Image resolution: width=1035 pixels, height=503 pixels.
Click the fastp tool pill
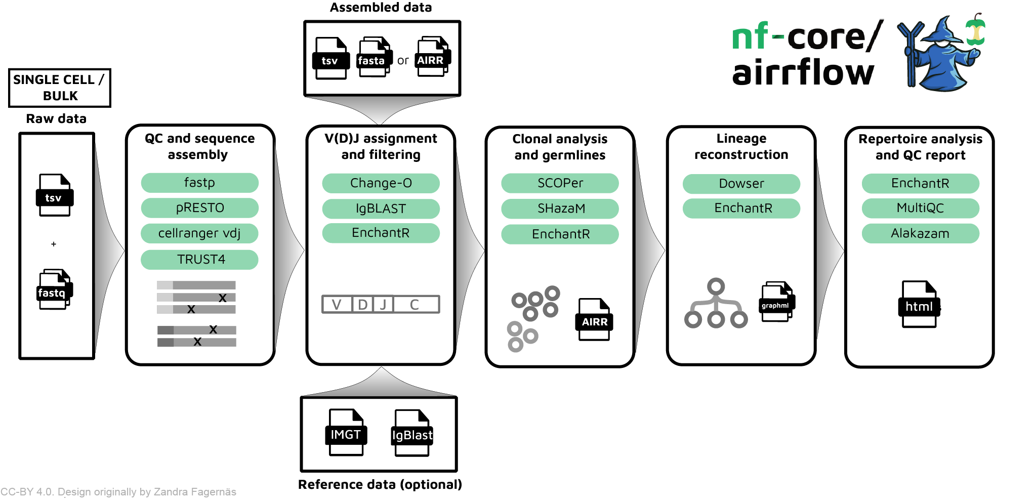pos(199,183)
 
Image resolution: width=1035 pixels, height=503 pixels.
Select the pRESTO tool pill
pos(199,208)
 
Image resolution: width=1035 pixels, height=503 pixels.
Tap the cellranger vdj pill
pos(199,233)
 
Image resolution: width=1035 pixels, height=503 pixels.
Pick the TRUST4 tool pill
pos(199,260)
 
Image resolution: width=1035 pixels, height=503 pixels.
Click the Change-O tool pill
pos(381,183)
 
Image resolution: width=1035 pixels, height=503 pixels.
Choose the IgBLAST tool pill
pos(381,208)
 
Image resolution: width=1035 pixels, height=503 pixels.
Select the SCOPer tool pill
pos(560,183)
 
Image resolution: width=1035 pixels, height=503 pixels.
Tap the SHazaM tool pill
pos(560,208)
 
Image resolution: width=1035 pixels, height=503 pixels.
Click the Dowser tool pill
pos(741,184)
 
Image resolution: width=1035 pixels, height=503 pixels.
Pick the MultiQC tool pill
pos(920,208)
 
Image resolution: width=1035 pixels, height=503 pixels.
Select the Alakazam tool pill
pos(920,233)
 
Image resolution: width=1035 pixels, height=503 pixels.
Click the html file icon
pos(919,305)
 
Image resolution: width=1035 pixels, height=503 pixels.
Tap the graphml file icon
pos(776,302)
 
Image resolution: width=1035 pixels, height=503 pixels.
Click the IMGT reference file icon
pos(346,433)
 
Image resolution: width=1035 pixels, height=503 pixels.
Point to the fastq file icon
pos(54,290)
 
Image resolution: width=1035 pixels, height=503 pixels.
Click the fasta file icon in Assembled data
pos(374,58)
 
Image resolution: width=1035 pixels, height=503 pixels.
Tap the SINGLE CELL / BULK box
pos(60,88)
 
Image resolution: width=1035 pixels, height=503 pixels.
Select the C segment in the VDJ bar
pos(416,305)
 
